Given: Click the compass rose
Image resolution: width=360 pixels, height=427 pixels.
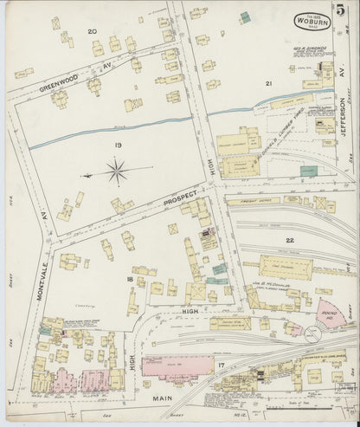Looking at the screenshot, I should click(116, 172).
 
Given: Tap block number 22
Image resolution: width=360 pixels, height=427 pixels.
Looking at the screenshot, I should click(289, 239).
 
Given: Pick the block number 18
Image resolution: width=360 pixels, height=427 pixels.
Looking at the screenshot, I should click(130, 280).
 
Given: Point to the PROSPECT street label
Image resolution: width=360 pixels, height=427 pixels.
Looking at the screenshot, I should click(181, 196).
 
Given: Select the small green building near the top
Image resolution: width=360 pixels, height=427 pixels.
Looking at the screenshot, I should click(245, 17).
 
